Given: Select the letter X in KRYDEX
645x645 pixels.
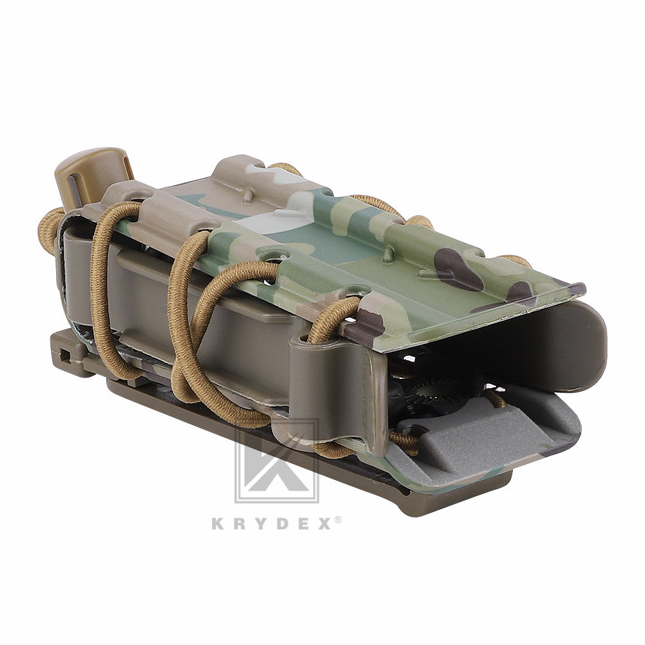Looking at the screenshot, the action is (324, 523).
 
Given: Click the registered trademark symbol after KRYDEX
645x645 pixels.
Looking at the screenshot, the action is (338, 519).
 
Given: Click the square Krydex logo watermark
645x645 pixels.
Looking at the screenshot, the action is (276, 461).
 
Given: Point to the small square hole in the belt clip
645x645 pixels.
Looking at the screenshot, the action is (64, 353).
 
